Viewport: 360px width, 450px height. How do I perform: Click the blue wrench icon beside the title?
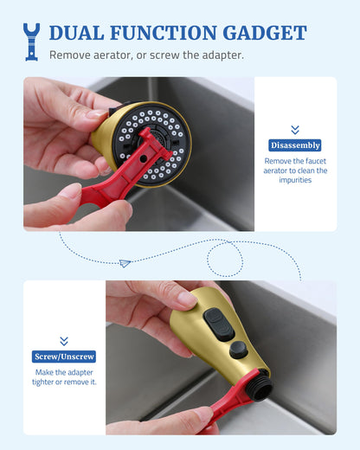point(31,42)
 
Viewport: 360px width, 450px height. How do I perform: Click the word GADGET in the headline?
point(265,33)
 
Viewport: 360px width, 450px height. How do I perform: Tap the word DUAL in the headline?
point(76,33)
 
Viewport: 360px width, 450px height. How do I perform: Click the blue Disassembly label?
point(295,145)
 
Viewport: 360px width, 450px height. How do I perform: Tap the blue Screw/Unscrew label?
point(64,357)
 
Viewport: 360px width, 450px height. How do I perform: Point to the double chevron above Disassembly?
point(295,130)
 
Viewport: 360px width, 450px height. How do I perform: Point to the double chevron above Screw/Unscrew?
point(64,341)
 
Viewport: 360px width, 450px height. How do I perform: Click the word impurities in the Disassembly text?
point(295,180)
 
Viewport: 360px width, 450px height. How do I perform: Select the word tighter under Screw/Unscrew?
point(42,382)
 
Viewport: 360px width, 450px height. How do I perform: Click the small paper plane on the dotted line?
point(125,263)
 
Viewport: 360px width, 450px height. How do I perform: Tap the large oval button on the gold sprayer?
point(219,324)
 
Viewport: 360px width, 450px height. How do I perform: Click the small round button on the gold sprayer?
point(239,350)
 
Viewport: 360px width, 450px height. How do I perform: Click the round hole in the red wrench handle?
point(143,158)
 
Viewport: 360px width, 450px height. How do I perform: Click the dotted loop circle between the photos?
point(225,259)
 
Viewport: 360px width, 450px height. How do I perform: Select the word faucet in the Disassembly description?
point(316,161)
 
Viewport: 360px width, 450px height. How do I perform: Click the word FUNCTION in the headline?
point(164,33)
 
